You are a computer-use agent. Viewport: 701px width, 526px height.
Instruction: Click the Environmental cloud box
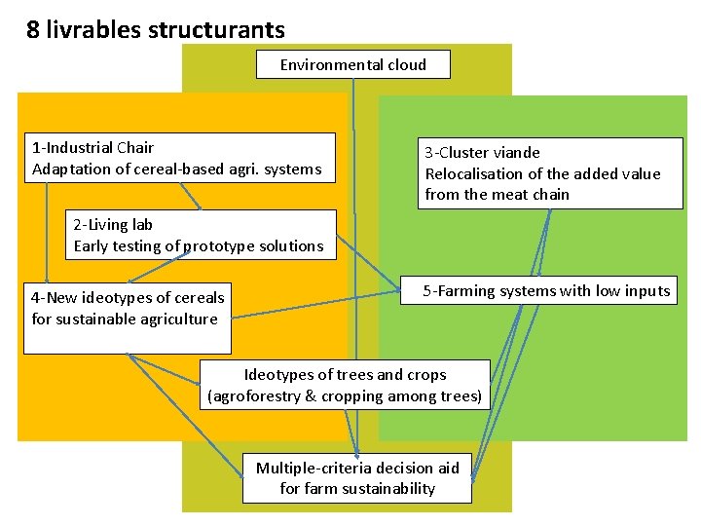352,64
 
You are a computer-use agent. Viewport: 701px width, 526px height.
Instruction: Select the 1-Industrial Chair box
182,158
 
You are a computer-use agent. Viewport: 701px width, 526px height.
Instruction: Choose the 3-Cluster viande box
550,172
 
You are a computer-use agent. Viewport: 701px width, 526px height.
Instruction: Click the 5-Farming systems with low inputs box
539,290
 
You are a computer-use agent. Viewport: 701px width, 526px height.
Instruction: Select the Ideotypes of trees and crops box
345,385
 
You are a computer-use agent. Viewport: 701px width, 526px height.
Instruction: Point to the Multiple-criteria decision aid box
356,478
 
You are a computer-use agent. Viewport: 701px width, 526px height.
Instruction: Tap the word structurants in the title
216,30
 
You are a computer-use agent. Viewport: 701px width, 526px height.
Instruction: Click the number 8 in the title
33,30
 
